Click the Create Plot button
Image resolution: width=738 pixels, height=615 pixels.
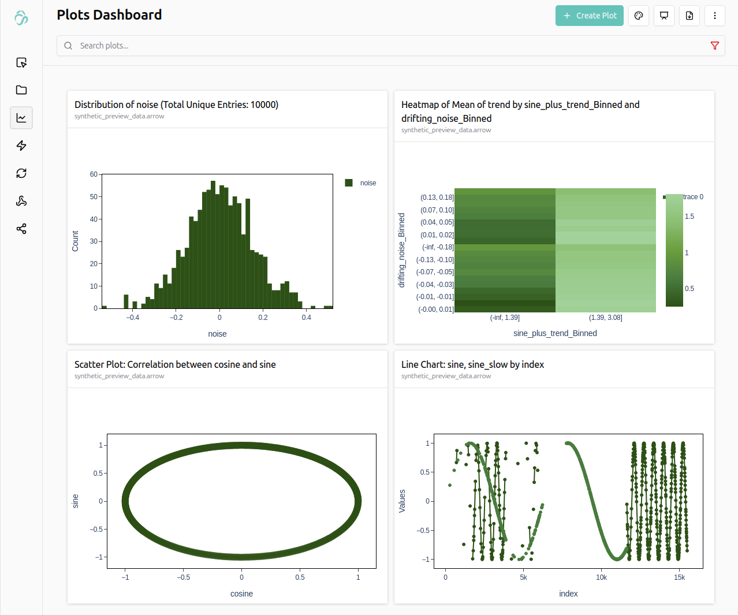click(x=589, y=16)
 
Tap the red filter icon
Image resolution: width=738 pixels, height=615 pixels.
click(x=714, y=46)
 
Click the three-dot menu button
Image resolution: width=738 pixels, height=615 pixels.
click(x=714, y=16)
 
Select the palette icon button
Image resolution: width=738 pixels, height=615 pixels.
click(x=639, y=16)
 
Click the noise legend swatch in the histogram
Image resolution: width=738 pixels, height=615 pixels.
click(x=349, y=183)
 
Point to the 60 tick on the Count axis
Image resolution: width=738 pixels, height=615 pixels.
click(x=94, y=174)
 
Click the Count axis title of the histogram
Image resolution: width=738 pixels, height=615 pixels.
click(x=75, y=241)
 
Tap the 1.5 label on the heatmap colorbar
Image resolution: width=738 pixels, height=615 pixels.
click(x=689, y=217)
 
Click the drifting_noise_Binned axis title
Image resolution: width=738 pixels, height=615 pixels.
click(x=402, y=250)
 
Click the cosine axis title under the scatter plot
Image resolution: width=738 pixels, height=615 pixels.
click(x=241, y=594)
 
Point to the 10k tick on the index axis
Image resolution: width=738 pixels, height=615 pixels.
click(x=601, y=577)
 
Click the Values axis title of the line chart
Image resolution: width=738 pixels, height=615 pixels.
click(x=402, y=501)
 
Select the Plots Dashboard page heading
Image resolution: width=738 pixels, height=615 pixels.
click(x=109, y=15)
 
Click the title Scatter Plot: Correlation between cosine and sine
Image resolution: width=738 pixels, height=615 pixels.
click(x=175, y=364)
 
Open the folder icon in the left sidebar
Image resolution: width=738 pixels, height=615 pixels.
click(x=21, y=90)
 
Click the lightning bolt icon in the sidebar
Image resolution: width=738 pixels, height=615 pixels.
click(x=21, y=146)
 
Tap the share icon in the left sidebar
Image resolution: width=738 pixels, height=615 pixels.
click(x=21, y=229)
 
